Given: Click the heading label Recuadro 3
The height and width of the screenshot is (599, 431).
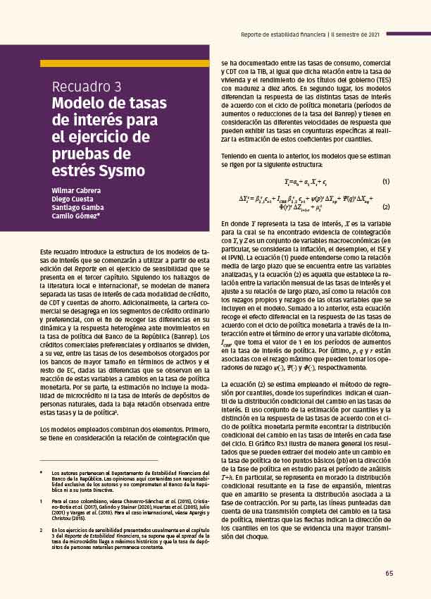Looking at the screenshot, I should [x=86, y=87].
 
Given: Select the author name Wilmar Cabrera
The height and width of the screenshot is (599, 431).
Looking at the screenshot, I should [x=76, y=191].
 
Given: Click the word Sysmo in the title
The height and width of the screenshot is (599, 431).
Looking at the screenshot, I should [x=121, y=171].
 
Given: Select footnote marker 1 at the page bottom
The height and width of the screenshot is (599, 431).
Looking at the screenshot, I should [x=42, y=501].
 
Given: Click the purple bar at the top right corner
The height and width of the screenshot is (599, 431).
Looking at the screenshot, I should [x=408, y=33].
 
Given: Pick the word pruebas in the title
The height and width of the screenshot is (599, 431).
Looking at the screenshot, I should [x=80, y=154].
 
